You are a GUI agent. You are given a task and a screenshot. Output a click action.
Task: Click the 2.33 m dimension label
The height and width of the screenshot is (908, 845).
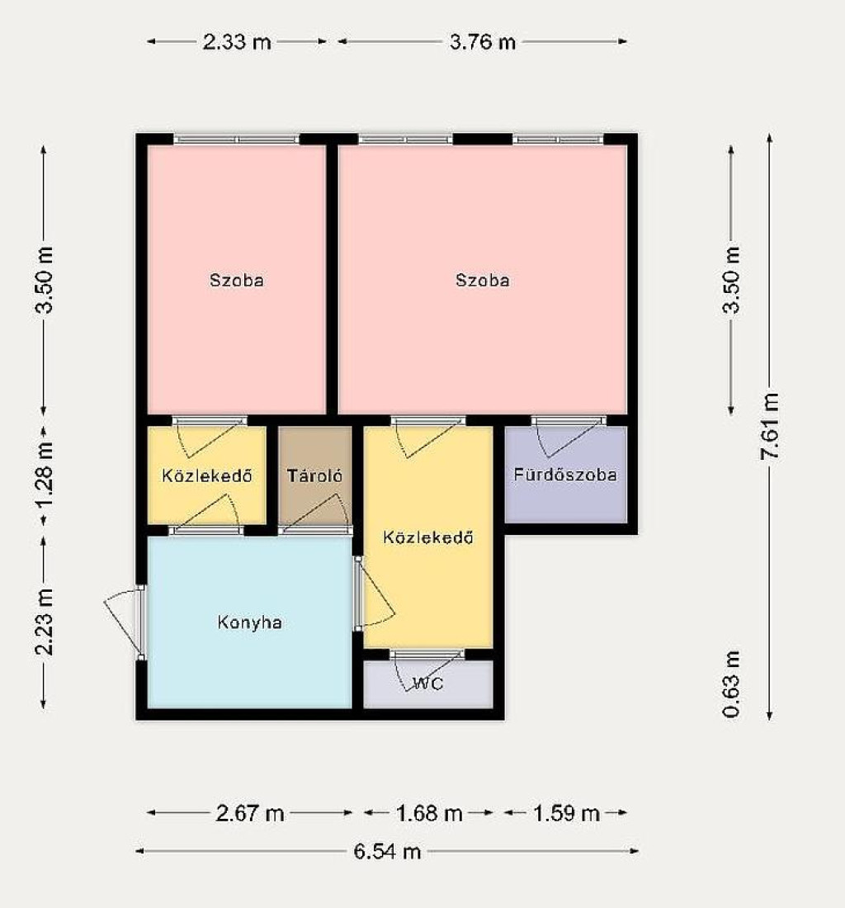[x=237, y=42]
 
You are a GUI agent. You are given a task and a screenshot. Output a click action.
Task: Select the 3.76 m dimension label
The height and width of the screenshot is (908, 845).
[x=482, y=42]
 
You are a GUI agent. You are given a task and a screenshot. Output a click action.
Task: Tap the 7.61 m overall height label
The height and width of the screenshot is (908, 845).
[x=769, y=426]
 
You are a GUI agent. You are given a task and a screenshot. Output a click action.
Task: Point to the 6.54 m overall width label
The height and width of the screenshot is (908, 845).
[x=387, y=851]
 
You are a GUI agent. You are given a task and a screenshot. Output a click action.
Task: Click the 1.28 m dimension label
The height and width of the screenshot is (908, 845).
[x=44, y=475]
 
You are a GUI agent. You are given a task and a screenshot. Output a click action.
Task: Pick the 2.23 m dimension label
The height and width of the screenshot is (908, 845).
[x=44, y=622]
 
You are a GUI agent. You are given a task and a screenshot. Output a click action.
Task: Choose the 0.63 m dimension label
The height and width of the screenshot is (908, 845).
[x=732, y=684]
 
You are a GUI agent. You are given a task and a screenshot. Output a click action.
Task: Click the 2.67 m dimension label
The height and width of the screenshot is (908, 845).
[x=250, y=813]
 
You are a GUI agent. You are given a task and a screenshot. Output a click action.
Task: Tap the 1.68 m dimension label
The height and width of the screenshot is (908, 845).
[x=429, y=813]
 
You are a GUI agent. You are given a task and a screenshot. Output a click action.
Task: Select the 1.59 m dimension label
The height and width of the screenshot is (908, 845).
[x=566, y=813]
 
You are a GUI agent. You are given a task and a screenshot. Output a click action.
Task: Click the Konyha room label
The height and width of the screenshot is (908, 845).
[x=250, y=622]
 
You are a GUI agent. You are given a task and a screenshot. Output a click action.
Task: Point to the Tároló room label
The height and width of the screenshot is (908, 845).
[x=315, y=476]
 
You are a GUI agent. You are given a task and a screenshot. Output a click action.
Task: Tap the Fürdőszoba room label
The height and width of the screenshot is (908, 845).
[x=565, y=475]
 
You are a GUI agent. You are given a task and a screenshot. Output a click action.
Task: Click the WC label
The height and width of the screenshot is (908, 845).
[x=429, y=684]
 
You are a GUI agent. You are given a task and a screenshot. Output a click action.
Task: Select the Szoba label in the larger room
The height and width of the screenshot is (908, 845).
[x=482, y=281]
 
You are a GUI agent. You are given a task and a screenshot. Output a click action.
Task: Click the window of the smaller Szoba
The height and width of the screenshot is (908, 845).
[x=237, y=139]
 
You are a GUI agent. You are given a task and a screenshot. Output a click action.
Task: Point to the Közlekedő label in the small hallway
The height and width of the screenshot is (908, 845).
[x=206, y=476]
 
